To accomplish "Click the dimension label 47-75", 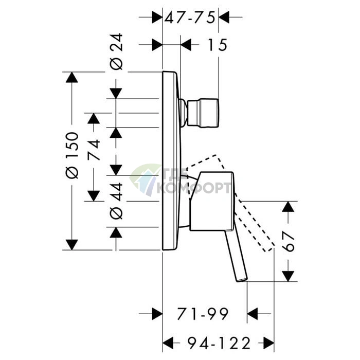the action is [190, 17].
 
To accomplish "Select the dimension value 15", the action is [217, 45].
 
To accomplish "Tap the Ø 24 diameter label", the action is [116, 51].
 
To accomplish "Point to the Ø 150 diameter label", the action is [72, 155].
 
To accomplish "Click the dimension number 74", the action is [94, 150].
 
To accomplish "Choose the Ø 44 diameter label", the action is [116, 201].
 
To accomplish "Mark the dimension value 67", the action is [288, 242].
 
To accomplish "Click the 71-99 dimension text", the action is [203, 314].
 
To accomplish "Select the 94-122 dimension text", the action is [219, 343].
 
